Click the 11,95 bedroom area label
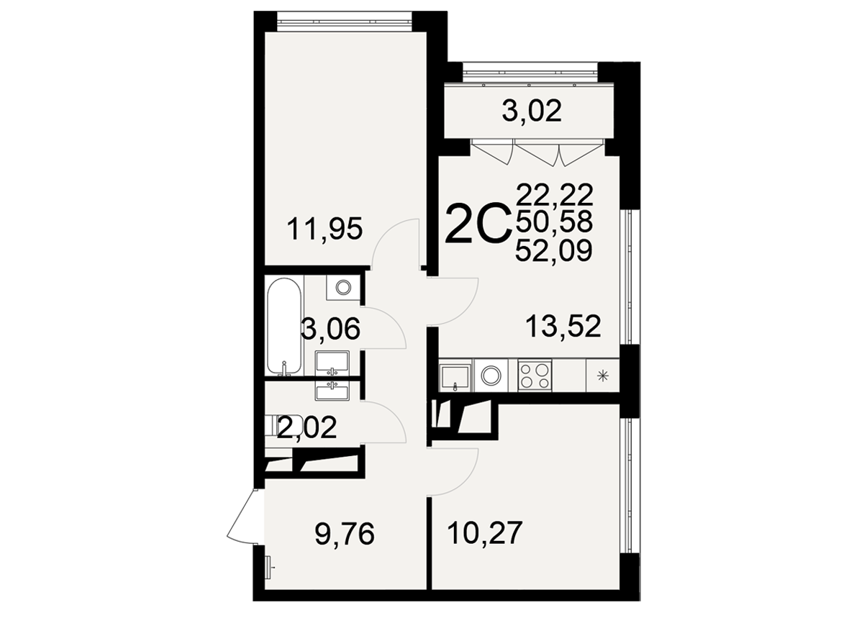[x=324, y=229]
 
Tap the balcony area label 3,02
[x=532, y=111]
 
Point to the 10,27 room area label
[x=485, y=533]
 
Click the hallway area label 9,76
[x=345, y=534]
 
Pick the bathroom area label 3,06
[x=330, y=329]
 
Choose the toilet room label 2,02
[x=307, y=427]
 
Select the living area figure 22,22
[x=555, y=194]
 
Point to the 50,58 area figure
[x=554, y=222]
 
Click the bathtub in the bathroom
[x=283, y=327]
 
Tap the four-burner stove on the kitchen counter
[x=535, y=375]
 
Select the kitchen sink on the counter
[x=455, y=376]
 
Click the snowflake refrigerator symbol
[x=603, y=375]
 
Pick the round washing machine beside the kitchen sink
[x=491, y=375]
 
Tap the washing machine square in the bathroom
[x=343, y=287]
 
